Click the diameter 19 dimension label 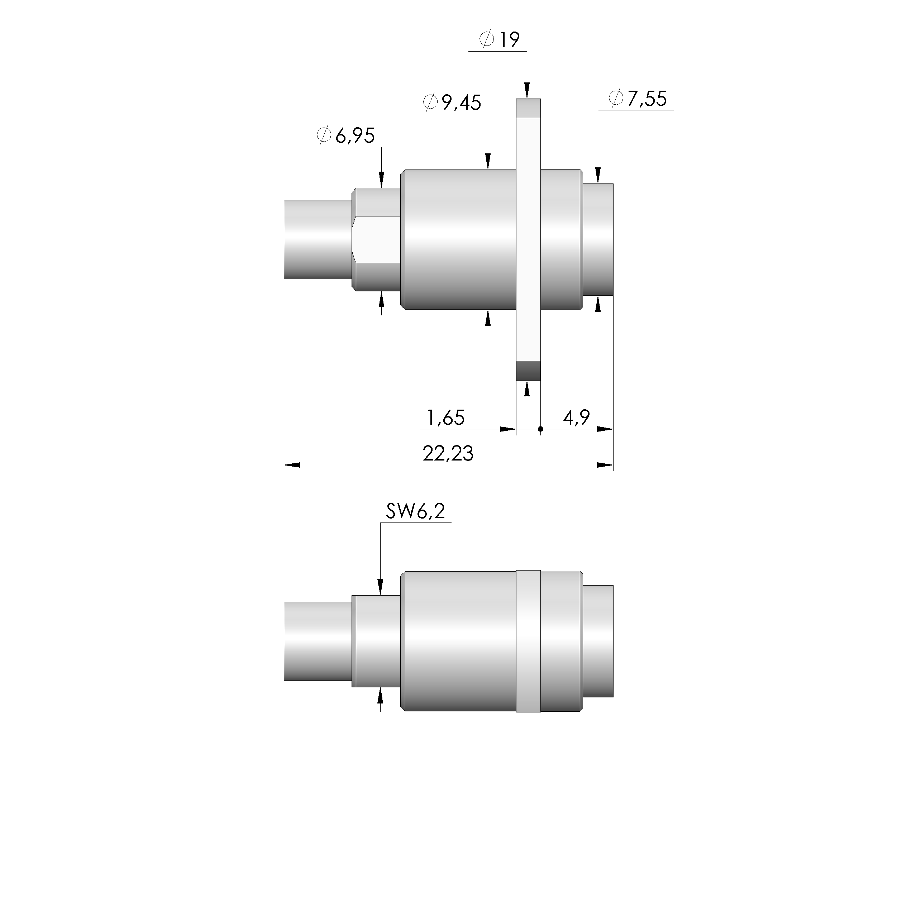click(x=500, y=39)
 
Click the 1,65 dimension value click(x=446, y=418)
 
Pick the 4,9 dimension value click(x=576, y=418)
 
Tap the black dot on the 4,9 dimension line click(x=540, y=429)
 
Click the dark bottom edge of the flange click(x=528, y=371)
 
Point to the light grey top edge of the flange click(x=528, y=108)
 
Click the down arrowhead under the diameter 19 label click(x=527, y=91)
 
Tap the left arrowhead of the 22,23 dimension click(x=292, y=465)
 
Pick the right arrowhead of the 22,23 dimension click(x=605, y=465)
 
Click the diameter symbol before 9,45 click(x=430, y=102)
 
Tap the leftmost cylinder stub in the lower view click(x=317, y=641)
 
